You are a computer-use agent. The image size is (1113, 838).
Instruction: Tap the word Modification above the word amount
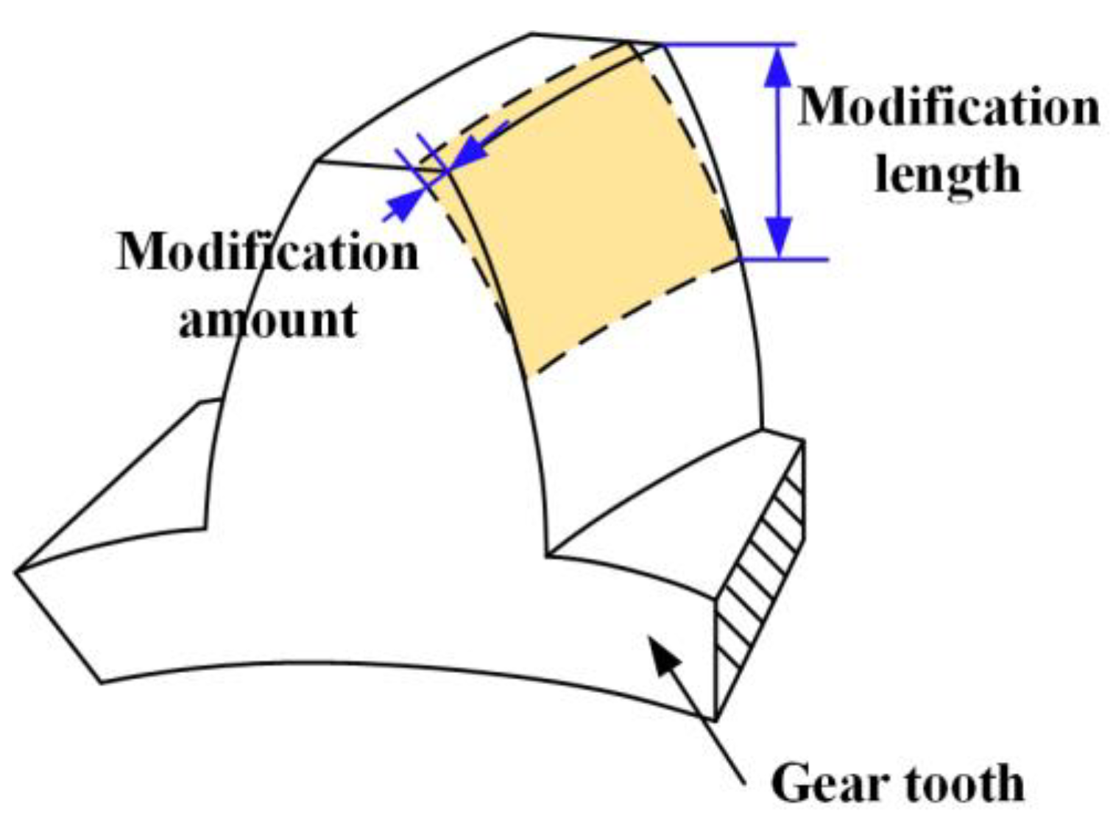coord(268,253)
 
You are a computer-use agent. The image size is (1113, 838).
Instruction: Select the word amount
coord(268,320)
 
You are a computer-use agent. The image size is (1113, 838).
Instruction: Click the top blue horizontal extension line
coord(729,45)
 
